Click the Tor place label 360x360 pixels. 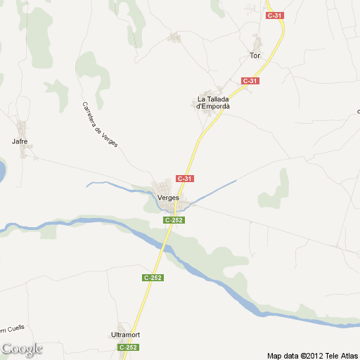pos(255,55)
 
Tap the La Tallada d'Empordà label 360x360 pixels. pos(214,103)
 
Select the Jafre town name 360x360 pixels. pos(19,141)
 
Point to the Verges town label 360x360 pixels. pos(168,198)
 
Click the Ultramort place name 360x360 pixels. pos(126,334)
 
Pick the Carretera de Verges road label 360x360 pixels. pos(100,124)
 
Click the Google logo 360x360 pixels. pos(22,349)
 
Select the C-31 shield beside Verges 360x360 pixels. pos(185,179)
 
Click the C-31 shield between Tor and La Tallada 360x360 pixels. pos(250,81)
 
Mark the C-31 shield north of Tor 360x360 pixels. pos(274,15)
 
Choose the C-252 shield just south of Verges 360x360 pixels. pos(174,220)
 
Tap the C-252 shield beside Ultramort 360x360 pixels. pos(128,347)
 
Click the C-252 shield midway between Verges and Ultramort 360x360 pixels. pos(153,278)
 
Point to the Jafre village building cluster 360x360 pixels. pos(24,129)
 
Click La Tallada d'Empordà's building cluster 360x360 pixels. pos(206,103)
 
